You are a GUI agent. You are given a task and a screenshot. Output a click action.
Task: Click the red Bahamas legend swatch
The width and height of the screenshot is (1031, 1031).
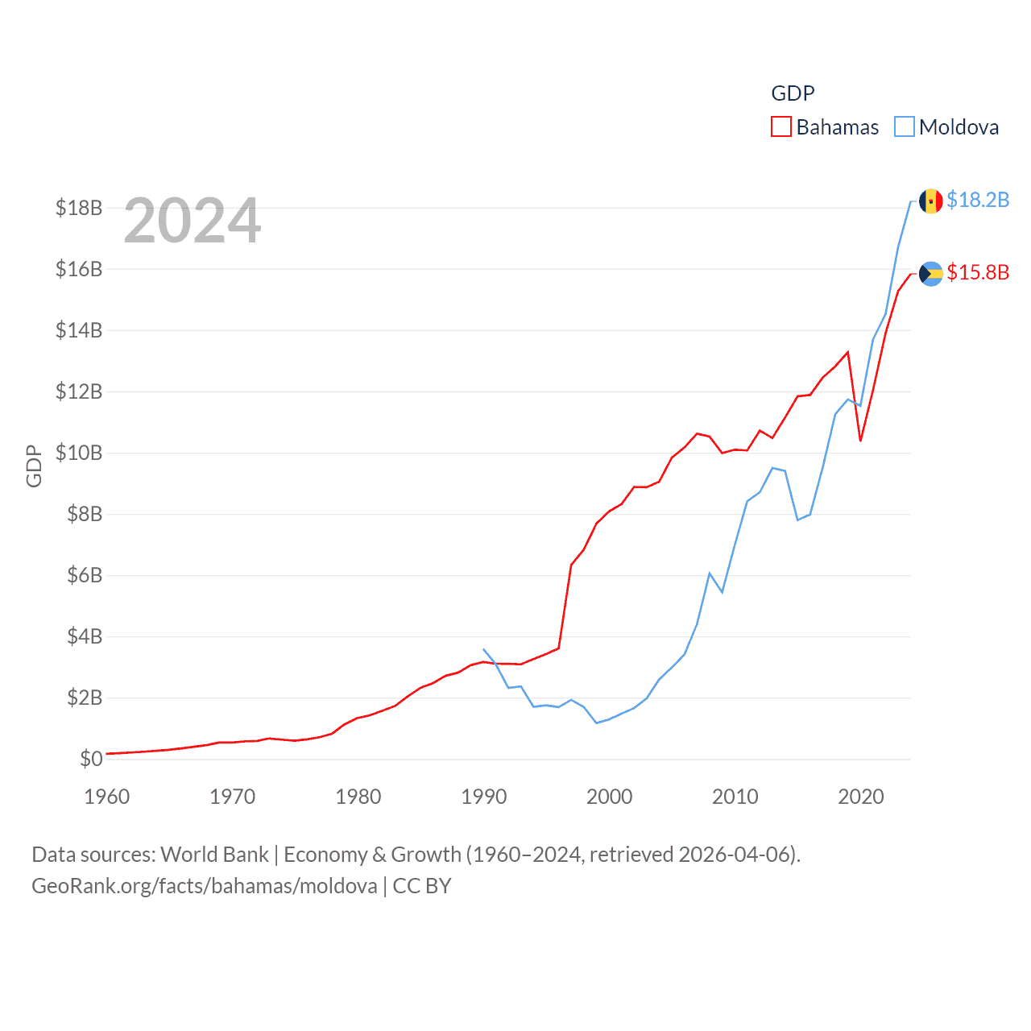point(781,127)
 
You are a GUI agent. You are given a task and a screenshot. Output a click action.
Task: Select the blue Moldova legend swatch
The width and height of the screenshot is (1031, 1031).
point(905,127)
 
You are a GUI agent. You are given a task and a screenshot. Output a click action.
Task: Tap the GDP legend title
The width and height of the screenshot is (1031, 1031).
point(793,93)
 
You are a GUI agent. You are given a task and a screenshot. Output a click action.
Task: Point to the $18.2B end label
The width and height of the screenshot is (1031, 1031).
point(978,200)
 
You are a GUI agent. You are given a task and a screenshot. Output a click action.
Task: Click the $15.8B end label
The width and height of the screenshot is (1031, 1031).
point(978,272)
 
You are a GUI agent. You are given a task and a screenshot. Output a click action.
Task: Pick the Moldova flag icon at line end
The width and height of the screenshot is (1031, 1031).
point(931,201)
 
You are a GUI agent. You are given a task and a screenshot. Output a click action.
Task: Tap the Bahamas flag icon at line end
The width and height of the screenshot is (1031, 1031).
point(931,274)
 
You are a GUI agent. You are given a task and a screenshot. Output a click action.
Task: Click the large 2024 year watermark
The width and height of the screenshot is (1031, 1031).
point(193,221)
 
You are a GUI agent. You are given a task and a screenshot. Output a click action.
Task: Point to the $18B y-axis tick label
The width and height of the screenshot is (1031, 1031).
point(79,208)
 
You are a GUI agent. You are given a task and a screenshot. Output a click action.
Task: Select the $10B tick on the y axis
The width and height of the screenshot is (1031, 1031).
point(79,453)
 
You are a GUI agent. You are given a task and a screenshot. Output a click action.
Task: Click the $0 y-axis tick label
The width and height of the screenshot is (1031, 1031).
point(91,759)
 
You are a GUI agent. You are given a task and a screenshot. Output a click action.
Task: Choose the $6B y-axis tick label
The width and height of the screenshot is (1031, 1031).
point(85,575)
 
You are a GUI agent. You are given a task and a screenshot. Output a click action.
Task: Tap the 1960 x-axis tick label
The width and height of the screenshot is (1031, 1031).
point(107,797)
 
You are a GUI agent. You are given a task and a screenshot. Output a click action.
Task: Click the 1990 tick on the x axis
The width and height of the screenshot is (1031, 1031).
point(484,797)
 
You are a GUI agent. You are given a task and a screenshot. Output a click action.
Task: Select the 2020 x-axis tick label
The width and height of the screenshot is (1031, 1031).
point(861,797)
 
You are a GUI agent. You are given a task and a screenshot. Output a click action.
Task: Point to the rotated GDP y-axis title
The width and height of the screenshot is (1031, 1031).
point(34,466)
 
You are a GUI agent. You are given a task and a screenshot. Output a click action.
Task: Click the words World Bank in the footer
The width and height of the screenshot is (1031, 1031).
point(215,854)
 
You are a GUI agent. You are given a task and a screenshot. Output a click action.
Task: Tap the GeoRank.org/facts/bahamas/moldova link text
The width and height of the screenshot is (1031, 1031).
point(205,886)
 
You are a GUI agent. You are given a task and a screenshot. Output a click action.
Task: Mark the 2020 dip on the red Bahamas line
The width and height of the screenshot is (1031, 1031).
point(860,440)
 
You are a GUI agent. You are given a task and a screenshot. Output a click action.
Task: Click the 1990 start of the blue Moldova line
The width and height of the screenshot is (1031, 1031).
point(483,648)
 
